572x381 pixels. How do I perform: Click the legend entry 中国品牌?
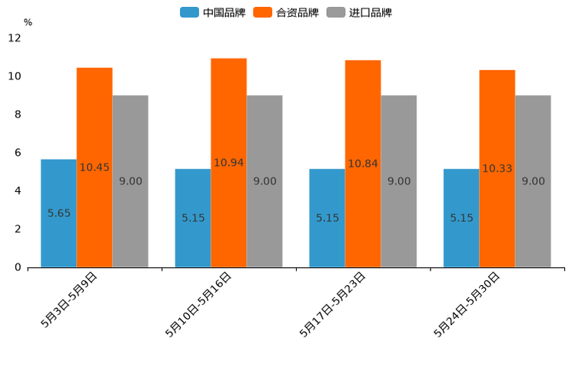point(213,12)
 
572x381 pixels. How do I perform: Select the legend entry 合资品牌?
point(286,12)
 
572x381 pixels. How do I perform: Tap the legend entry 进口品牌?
point(359,12)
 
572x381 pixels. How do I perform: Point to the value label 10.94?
point(228,163)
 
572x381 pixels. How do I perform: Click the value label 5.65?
point(58,214)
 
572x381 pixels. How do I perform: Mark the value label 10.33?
point(497,169)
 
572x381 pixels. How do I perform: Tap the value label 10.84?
point(363,164)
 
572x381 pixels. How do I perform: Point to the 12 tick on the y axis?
point(15,38)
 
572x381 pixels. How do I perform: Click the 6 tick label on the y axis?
point(17,153)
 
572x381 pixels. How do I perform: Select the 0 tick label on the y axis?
point(17,267)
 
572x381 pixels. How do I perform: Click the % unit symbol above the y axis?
point(28,22)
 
